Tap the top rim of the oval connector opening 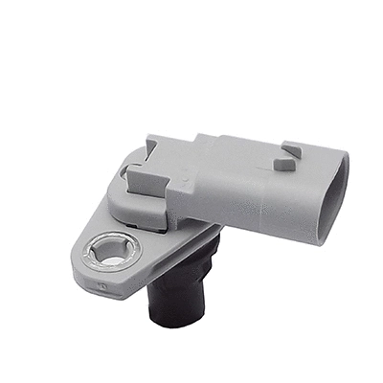[335, 159]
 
